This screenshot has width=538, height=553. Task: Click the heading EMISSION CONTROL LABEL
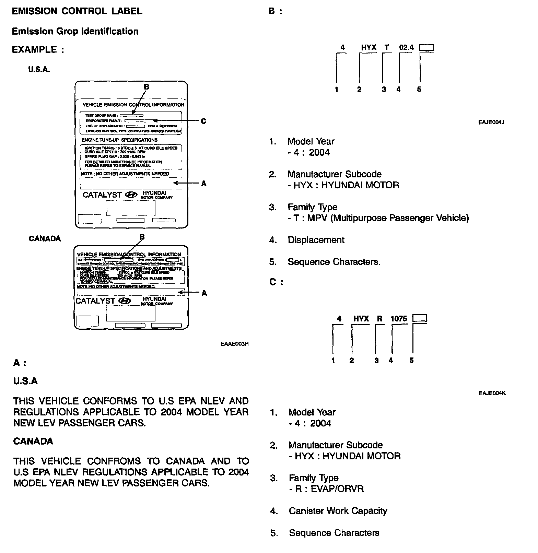77,11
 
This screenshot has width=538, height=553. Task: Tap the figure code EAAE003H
234,344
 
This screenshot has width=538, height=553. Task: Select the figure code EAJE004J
491,122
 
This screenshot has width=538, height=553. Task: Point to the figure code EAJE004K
492,393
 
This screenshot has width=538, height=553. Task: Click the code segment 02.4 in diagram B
406,48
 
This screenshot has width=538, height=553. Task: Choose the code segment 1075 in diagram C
399,319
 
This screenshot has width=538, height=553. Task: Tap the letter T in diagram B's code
387,48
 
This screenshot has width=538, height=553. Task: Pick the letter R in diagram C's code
379,319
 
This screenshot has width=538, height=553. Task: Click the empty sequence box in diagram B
427,48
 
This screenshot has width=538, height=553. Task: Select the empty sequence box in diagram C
420,318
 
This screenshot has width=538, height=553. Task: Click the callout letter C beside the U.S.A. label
203,121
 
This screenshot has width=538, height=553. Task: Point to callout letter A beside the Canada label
204,293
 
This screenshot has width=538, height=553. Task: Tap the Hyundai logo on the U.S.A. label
131,195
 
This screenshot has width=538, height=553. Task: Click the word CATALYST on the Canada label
95,301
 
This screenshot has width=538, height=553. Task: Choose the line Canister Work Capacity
338,511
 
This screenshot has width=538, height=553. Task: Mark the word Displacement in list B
316,240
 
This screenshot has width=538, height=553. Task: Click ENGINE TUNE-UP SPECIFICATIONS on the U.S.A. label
119,140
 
